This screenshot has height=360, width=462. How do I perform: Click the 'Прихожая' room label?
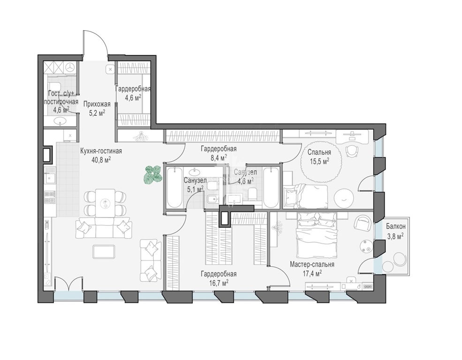point(97,104)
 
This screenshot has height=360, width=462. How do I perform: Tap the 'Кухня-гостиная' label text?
point(101,151)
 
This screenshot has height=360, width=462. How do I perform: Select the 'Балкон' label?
point(396,226)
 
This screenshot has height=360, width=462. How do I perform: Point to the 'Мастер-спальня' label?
point(312,264)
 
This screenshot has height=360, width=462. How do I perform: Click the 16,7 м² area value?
point(219,283)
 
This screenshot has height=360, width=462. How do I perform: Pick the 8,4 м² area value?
point(219,158)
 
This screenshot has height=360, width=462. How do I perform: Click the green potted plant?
point(153,175)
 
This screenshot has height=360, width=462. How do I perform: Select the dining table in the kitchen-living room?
point(105,203)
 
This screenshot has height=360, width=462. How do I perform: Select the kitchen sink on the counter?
point(50,178)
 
